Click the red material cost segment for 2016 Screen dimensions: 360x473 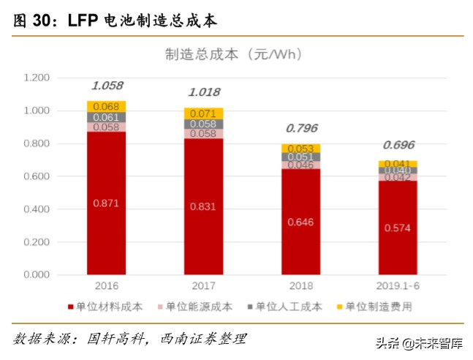click(x=107, y=203)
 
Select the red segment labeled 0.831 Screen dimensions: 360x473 click(x=204, y=207)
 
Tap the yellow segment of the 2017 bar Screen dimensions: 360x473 click(x=204, y=113)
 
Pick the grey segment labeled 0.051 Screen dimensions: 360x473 click(x=301, y=157)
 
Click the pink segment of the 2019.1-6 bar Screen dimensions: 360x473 click(x=398, y=177)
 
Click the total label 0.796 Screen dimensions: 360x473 click(x=301, y=128)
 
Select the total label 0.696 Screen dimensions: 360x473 click(x=398, y=145)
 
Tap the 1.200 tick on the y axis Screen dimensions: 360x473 click(x=36, y=78)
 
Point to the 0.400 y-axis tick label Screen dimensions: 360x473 click(x=36, y=209)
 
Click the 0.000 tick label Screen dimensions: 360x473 click(x=36, y=275)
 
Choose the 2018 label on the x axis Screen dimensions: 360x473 click(x=300, y=286)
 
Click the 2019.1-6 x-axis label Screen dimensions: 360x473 click(x=398, y=286)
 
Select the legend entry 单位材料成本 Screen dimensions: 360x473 click(x=110, y=307)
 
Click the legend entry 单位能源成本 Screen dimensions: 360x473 click(x=198, y=307)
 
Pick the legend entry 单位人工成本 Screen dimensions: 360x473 click(x=286, y=307)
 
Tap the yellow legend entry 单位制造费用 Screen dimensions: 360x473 click(x=374, y=307)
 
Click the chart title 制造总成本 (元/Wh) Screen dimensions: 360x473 click(x=233, y=54)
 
